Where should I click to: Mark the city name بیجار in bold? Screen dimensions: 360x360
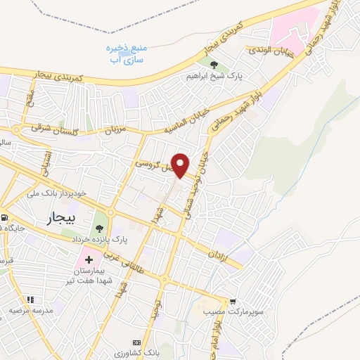pos(62,218)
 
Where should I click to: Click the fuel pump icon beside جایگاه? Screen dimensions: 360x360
pos(4,218)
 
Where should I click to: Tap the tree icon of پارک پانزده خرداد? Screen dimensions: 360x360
pos(98,227)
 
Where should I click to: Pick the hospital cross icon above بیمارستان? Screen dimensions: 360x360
pos(89,259)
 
